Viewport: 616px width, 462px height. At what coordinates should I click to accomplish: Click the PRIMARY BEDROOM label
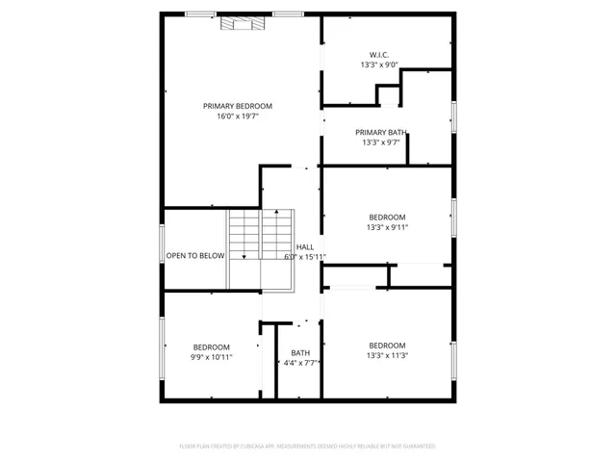pos(237,106)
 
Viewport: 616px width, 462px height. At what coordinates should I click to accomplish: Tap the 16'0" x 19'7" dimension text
pos(237,116)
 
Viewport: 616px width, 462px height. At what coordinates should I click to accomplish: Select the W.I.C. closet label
pos(378,55)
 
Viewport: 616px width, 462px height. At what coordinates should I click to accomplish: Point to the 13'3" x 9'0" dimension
pos(378,65)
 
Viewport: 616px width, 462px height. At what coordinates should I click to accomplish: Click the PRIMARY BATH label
pos(380,132)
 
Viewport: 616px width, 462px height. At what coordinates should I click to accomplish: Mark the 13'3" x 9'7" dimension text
pos(380,142)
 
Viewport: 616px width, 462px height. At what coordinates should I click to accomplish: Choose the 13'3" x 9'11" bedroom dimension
pos(387,228)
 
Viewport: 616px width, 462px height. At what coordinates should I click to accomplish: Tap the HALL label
pos(305,247)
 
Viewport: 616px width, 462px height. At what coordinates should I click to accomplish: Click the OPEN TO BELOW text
pos(195,256)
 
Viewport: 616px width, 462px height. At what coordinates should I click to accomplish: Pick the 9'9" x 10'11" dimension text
pos(211,357)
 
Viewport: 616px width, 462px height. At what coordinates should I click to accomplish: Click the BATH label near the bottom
pos(301,352)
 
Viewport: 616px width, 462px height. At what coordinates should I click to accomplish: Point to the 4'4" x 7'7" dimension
pos(301,363)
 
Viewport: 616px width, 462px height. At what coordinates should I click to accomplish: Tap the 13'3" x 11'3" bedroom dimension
pos(387,355)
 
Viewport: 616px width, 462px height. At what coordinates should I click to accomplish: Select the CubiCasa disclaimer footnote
pos(308,447)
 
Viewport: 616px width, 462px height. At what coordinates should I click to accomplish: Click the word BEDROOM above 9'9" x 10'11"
pos(211,346)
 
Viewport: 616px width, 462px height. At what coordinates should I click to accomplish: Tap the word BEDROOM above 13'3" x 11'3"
pos(387,345)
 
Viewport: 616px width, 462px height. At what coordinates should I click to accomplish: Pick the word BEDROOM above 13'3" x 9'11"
pos(387,218)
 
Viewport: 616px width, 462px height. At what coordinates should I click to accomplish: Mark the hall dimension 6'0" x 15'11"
pos(305,257)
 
